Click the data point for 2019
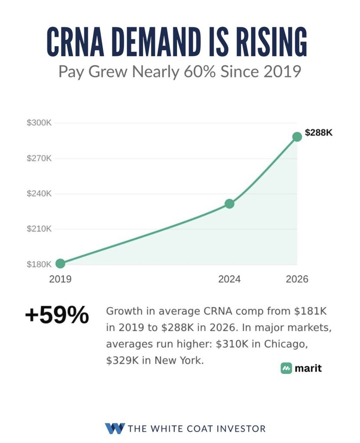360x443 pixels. (60, 263)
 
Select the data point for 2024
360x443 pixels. (229, 203)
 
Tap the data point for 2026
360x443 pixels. (297, 137)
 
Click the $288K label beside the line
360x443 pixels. (319, 132)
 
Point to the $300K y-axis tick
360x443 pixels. (39, 123)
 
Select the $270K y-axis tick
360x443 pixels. (39, 158)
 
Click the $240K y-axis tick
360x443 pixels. (39, 193)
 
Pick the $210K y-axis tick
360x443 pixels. (39, 228)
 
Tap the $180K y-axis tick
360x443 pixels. (39, 264)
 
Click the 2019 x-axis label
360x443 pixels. (60, 279)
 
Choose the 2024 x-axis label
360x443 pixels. (229, 279)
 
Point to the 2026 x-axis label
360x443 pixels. (297, 279)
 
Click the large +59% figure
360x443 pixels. (57, 315)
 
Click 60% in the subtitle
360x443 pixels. (200, 71)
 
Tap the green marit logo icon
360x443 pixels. (286, 368)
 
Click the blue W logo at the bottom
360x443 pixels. (115, 428)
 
